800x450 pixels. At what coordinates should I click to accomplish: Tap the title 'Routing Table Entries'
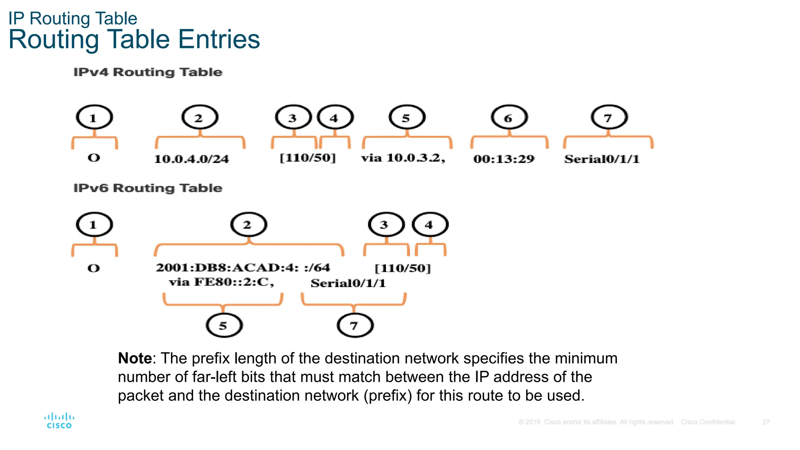coord(134,39)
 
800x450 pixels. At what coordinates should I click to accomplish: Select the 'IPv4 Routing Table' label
coord(148,72)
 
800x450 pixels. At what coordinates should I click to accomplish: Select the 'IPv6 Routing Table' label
coord(148,188)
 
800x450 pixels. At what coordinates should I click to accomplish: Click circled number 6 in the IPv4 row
coord(509,117)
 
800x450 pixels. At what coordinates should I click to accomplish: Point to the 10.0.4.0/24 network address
coord(191,159)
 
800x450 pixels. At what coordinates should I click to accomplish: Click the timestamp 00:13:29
coord(504,159)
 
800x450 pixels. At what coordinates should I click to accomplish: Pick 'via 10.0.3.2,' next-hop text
coord(403,158)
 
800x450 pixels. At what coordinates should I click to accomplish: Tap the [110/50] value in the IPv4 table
coord(308,158)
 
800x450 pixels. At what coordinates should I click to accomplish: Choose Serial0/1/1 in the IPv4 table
coord(602,159)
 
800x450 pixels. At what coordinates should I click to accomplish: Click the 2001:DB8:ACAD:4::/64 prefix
coord(243,268)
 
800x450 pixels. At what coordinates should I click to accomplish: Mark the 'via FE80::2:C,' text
coord(221,282)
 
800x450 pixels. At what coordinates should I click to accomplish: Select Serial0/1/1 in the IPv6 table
coord(348,283)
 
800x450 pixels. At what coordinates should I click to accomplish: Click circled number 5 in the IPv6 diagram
coord(224,325)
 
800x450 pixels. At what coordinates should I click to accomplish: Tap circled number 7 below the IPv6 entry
coord(355,325)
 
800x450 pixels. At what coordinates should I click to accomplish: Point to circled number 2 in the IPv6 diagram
coord(248,225)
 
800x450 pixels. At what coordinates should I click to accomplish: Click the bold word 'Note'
coord(135,358)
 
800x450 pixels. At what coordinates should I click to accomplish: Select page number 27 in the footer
coord(766,422)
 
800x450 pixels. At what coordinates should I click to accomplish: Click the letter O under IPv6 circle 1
coord(94,268)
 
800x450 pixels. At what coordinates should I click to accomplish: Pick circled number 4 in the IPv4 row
coord(335,117)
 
